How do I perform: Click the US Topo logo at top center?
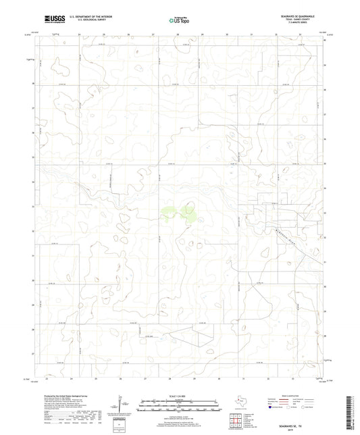(x=179, y=20)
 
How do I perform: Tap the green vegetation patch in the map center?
(x=177, y=215)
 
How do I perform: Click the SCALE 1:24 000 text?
(x=180, y=395)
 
